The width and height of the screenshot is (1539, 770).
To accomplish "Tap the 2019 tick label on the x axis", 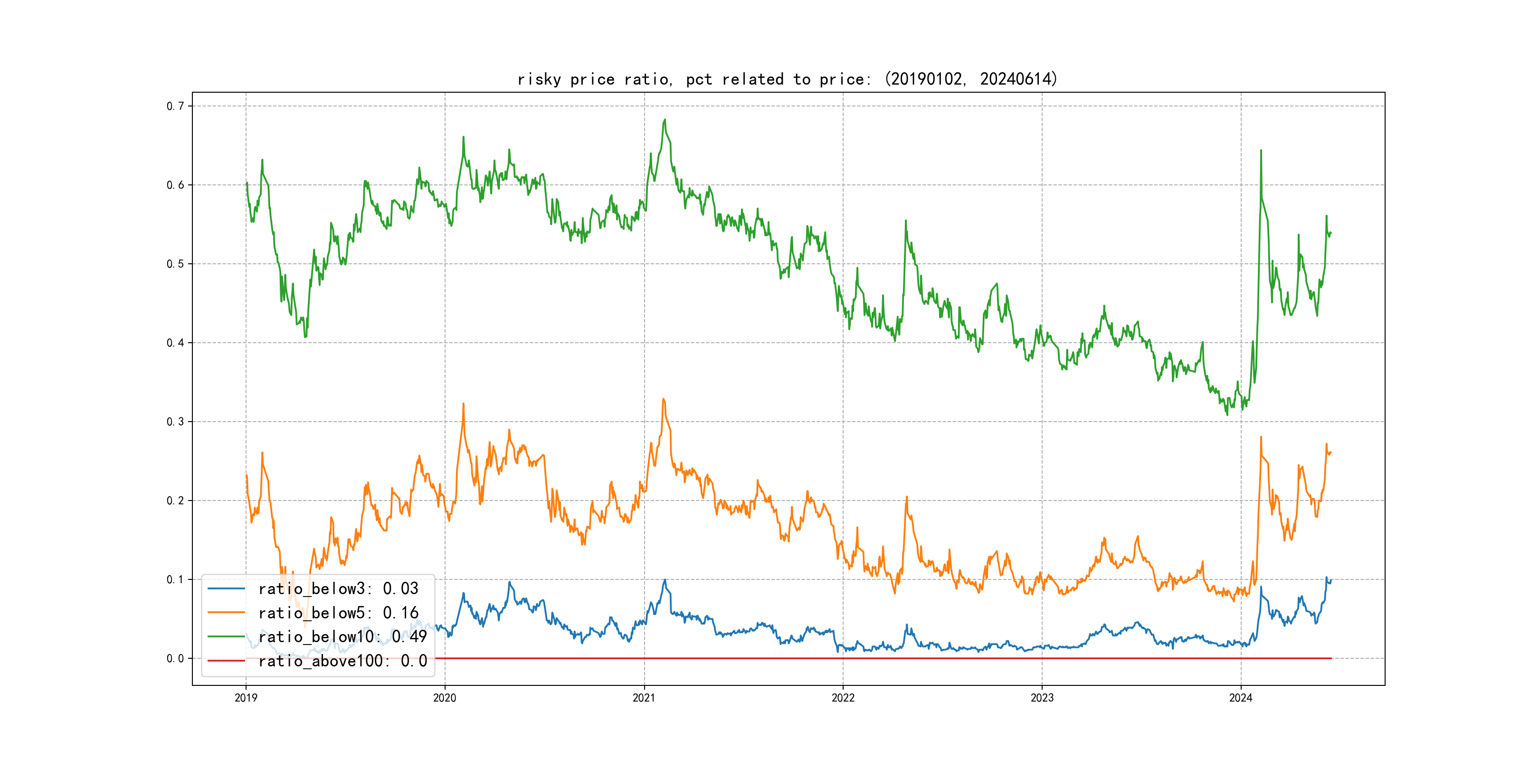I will click(x=246, y=698).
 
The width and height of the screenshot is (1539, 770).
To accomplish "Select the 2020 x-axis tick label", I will click(x=445, y=698).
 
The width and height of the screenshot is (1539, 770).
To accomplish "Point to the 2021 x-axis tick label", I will click(x=644, y=698).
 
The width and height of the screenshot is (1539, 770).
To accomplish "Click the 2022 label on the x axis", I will click(x=843, y=698).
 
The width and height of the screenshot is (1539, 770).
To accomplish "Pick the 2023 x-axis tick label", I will click(x=1042, y=698).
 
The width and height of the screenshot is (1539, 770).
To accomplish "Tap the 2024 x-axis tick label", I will click(x=1241, y=698).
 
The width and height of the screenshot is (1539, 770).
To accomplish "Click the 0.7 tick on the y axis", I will click(x=175, y=106).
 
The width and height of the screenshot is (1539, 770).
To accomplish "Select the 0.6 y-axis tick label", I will click(x=175, y=185).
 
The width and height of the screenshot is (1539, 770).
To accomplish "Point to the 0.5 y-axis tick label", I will click(x=175, y=264).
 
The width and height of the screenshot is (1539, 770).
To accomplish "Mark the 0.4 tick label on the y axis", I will click(x=175, y=343).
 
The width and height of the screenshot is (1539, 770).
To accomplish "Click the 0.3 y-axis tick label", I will click(x=175, y=422).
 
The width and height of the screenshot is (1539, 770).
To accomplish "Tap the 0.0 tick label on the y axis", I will click(x=175, y=659).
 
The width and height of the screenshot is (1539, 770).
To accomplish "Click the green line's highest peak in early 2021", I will click(x=665, y=120).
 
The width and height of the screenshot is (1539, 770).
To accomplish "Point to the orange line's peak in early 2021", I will click(x=663, y=399).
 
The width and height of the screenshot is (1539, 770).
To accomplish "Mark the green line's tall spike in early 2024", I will click(x=1261, y=151).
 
